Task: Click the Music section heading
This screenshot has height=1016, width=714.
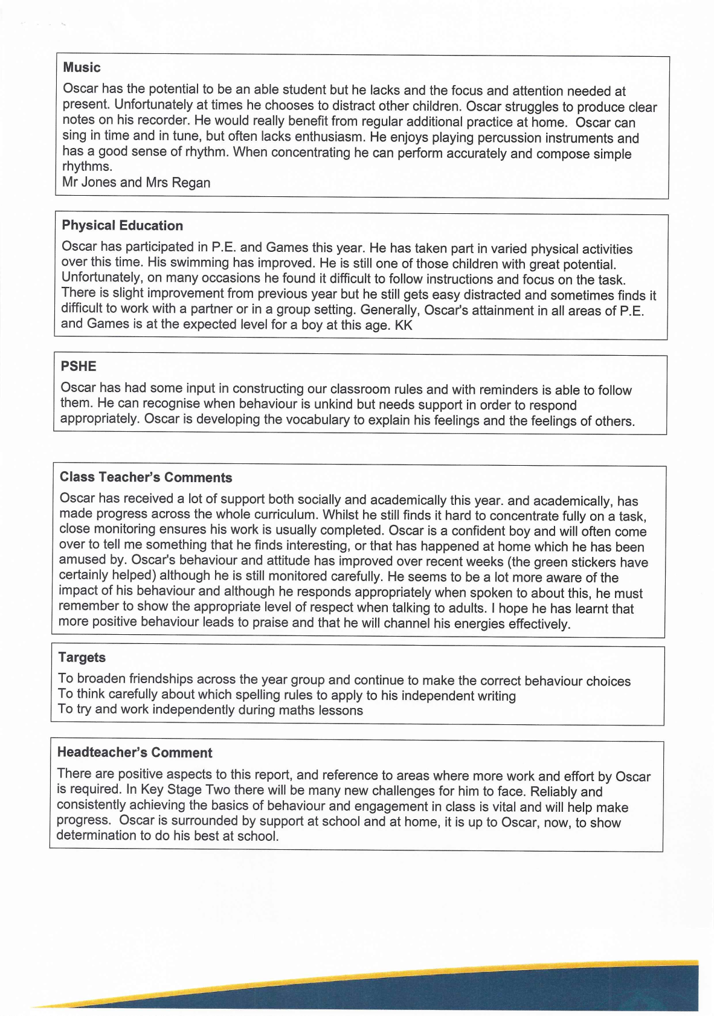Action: point(82,68)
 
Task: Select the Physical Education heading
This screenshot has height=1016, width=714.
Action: point(122,226)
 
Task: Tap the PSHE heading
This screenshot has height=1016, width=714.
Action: point(79,367)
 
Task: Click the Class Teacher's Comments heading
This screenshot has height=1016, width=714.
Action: point(146,477)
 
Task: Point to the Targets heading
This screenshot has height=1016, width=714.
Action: point(82,658)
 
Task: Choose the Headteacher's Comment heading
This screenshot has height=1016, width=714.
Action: point(135,753)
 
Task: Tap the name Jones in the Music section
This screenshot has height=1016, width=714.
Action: point(98,182)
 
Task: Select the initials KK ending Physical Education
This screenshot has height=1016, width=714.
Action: point(404,326)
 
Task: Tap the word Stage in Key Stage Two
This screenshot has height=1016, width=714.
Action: point(184,790)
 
